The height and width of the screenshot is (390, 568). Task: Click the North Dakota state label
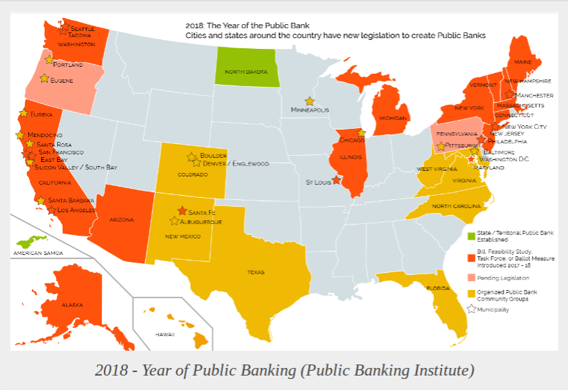tap(245, 72)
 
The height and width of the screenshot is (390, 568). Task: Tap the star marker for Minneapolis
tap(310, 101)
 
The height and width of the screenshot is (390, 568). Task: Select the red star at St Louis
tap(336, 181)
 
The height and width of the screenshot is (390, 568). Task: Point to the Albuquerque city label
tap(200, 222)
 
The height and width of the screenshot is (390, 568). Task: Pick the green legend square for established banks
tap(471, 236)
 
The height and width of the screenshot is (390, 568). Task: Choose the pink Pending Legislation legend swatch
tap(471, 278)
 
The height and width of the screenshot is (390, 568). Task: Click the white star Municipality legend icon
tap(471, 309)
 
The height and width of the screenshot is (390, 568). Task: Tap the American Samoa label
tap(38, 254)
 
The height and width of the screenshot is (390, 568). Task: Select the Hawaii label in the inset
tap(165, 334)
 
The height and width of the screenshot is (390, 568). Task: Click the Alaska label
tap(72, 304)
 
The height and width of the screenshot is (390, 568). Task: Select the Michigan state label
tap(392, 118)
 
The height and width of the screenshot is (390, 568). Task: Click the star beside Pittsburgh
tap(441, 146)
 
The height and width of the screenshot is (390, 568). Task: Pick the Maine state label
tap(523, 63)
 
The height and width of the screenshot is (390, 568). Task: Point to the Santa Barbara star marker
tap(41, 201)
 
